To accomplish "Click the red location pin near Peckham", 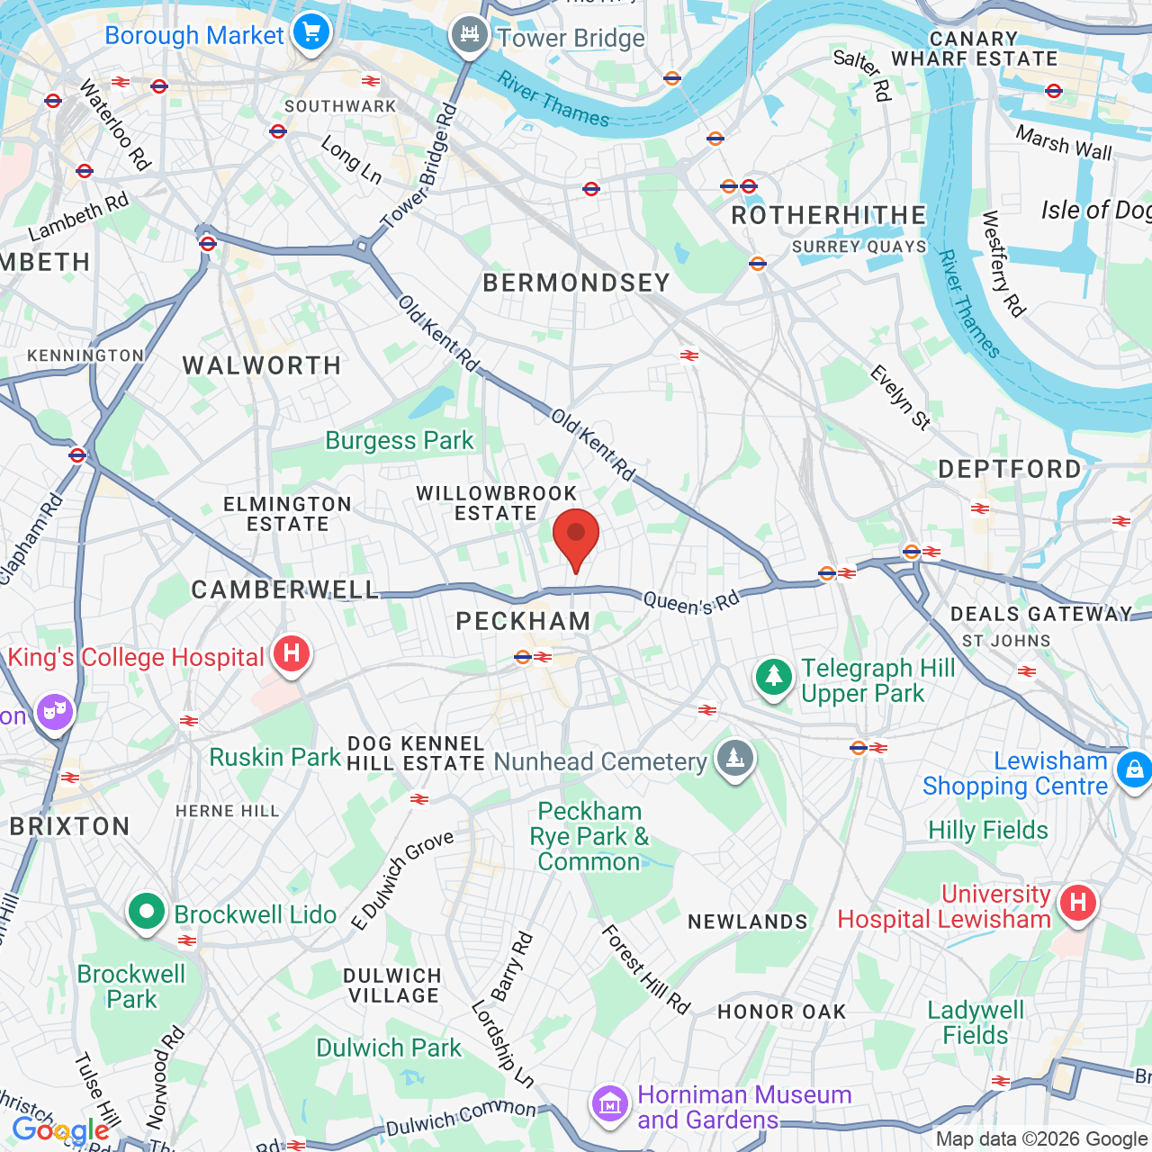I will (x=576, y=535).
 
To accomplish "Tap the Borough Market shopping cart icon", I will (x=311, y=33).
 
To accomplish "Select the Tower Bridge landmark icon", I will (x=469, y=35).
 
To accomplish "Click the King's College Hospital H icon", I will (x=292, y=652).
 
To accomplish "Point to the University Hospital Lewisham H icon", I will (x=1077, y=902).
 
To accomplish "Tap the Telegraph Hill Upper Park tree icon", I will (x=774, y=677).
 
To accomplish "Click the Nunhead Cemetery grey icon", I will (x=735, y=759).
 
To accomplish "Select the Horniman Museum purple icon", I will (x=610, y=1103).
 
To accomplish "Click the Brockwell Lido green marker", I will (x=146, y=912).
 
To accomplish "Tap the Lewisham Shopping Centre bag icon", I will (x=1133, y=770).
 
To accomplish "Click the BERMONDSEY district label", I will (x=577, y=283).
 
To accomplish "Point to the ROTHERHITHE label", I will (x=828, y=216).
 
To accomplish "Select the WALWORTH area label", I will (x=262, y=365).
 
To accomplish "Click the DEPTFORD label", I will (x=1010, y=469).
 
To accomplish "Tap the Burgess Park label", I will (x=399, y=441).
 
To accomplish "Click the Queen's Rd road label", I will (x=691, y=602).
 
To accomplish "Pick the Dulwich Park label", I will (x=389, y=1048).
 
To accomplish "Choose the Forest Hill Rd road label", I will (x=645, y=970).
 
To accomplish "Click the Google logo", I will (x=60, y=1130).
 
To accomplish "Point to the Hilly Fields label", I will (x=988, y=830).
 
